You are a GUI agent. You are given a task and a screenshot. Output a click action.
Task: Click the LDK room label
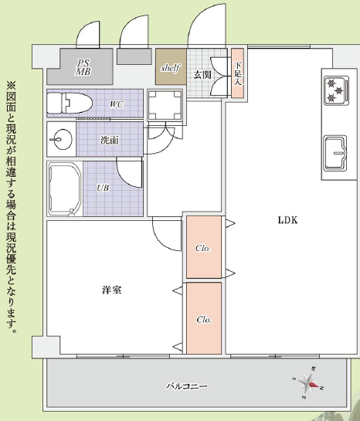pos(287,220)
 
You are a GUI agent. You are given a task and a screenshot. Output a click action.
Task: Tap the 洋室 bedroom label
pos(112,290)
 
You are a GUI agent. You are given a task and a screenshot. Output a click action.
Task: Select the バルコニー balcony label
pos(187,386)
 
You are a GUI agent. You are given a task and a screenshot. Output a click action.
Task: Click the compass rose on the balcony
pos(309,383)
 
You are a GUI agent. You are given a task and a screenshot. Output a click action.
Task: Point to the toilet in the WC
pos(70,104)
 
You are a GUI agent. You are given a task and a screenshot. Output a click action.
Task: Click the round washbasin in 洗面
pos(63,139)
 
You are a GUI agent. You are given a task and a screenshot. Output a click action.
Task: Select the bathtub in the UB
pos(65,189)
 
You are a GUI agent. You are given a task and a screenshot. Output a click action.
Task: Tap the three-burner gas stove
pos(337,90)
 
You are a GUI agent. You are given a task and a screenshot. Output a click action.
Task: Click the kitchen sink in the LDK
pos(335,153)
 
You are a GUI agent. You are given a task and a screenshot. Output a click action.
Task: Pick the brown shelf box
pos(171,66)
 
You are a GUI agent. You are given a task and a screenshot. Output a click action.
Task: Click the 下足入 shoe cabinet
pos(238,73)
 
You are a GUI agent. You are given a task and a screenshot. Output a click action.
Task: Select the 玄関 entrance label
pos(202,75)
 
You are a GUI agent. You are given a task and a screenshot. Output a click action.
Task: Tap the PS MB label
pos(83,67)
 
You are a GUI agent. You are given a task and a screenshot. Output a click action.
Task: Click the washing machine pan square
pos(165,105)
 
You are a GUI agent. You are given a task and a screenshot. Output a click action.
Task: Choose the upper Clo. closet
pos(204,247)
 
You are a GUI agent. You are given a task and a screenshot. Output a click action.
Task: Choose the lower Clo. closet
pos(204,318)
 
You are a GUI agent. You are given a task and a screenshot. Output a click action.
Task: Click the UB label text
pos(103,188)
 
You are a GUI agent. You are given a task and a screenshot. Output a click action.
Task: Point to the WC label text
pos(117,104)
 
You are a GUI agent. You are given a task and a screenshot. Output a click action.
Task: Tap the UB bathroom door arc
pos(124,178)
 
